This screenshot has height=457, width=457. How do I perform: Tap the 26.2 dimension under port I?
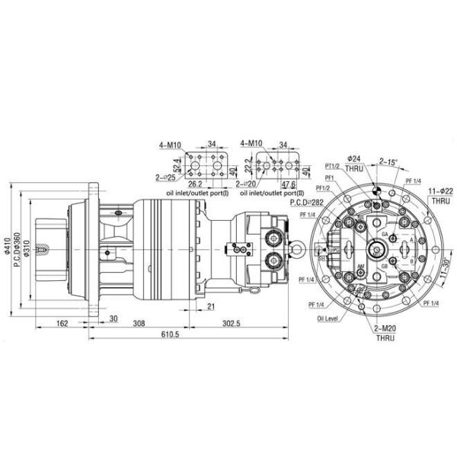[195, 184]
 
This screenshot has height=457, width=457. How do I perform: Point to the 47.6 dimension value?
[288, 184]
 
